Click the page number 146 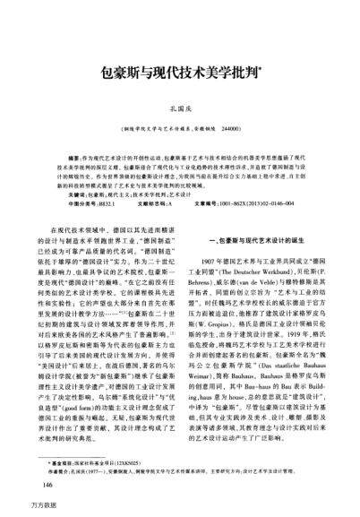(39, 485)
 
